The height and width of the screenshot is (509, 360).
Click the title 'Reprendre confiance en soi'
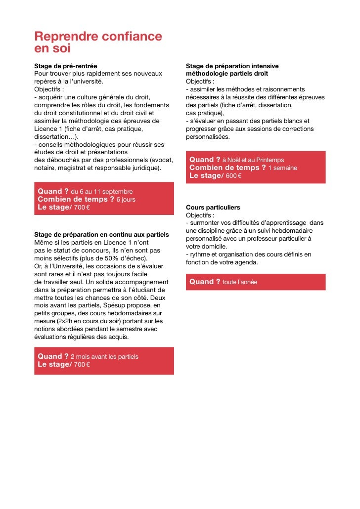98,42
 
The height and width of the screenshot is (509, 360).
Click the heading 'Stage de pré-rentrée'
66,66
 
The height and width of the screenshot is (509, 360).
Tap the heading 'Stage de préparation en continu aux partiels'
102,234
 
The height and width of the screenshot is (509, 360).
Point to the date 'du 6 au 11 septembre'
102,191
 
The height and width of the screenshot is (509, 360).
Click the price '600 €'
233,176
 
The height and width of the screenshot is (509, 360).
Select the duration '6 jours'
126,199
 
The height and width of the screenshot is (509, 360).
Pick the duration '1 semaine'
282,168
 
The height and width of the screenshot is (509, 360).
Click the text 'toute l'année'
240,282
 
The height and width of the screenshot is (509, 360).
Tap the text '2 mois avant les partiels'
104,356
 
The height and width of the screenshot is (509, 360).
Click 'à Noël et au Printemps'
253,160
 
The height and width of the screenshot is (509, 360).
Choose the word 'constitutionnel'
79,113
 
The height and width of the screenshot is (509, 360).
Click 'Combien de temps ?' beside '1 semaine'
227,168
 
